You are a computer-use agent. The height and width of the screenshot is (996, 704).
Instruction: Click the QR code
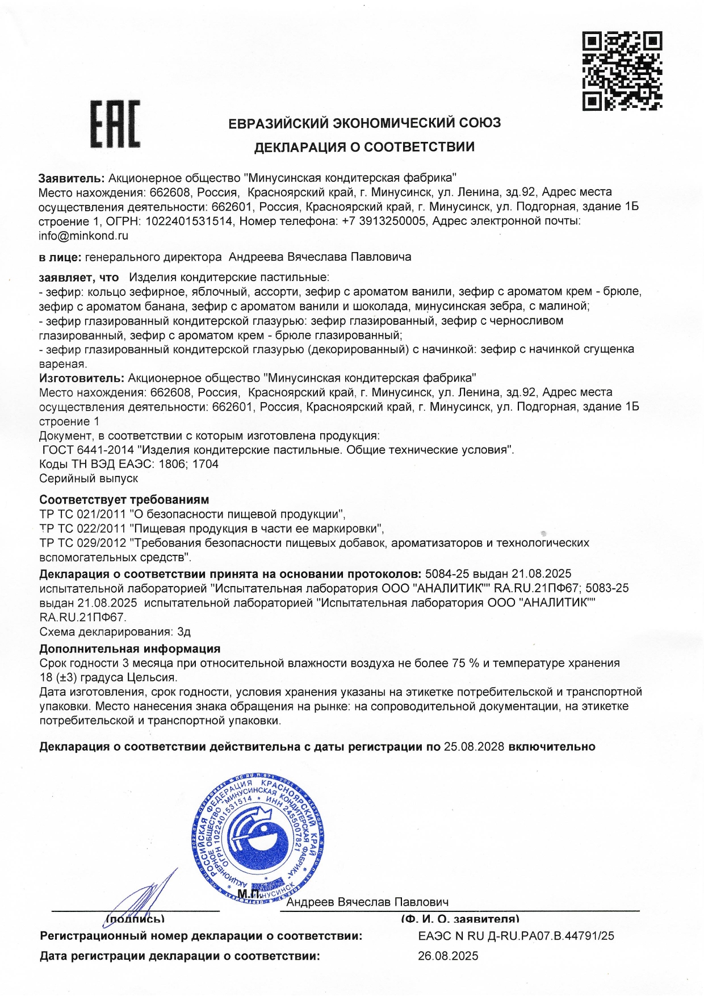(622, 71)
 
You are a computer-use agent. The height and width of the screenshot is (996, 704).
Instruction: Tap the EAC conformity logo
(116, 125)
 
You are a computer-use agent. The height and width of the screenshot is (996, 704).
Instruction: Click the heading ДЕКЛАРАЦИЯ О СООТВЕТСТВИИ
(364, 148)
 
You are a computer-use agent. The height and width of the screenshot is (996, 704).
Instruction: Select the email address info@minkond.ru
(83, 236)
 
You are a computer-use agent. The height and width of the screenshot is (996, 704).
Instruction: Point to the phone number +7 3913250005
(384, 221)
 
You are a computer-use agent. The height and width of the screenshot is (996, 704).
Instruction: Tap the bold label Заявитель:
(72, 177)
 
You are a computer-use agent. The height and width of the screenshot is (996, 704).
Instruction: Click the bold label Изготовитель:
(81, 378)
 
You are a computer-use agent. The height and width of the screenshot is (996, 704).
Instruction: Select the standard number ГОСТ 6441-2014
(90, 450)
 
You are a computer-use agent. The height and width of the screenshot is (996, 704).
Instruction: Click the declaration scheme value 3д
(184, 631)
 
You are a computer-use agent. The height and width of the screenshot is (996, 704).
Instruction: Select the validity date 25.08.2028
(474, 747)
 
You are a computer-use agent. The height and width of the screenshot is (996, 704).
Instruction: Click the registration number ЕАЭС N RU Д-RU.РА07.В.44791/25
(516, 936)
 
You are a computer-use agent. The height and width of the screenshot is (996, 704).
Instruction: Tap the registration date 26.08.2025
(448, 956)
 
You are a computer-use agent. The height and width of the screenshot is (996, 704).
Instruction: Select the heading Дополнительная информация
(129, 648)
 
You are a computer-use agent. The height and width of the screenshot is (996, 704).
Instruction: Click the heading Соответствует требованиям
(124, 500)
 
